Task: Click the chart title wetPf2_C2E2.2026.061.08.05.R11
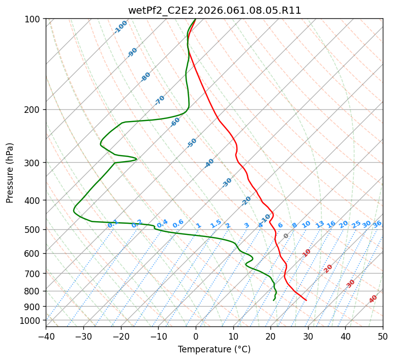(x=214, y=10)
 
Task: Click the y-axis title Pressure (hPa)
(x=10, y=172)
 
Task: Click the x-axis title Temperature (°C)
(x=214, y=349)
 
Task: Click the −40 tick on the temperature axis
(x=46, y=336)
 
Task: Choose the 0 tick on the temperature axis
(x=196, y=336)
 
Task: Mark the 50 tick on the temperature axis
(x=383, y=336)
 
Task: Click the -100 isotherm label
(x=120, y=27)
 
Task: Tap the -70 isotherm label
(x=160, y=100)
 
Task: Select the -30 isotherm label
(x=227, y=183)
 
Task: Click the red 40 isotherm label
(x=373, y=299)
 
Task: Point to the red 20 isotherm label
(x=328, y=268)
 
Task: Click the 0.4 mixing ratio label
(x=162, y=224)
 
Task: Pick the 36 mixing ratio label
(x=377, y=224)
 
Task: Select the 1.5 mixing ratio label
(x=216, y=224)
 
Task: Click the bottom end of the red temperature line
(x=306, y=300)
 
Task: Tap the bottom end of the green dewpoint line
(x=274, y=300)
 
